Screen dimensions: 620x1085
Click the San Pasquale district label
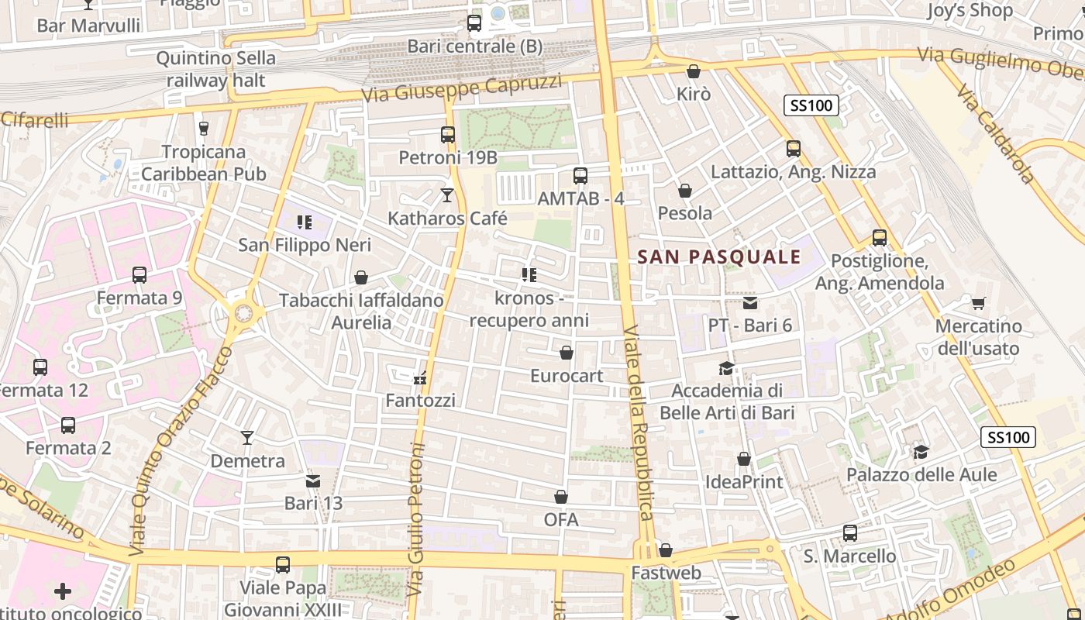click(x=718, y=257)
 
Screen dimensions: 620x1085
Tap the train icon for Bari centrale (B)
click(x=474, y=23)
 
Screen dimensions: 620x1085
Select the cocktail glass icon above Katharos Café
click(x=447, y=195)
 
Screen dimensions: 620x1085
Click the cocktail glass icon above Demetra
click(x=247, y=438)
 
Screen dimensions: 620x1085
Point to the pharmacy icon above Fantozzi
click(x=420, y=378)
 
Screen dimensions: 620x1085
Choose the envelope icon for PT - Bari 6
click(x=750, y=303)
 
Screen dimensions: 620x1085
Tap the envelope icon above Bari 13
click(x=313, y=481)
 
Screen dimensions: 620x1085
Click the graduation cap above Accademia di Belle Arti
click(x=726, y=368)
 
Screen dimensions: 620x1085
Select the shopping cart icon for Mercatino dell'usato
click(x=979, y=303)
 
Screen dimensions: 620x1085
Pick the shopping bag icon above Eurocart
click(x=567, y=353)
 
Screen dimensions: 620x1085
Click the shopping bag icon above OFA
click(x=561, y=497)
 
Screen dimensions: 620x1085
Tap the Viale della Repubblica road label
click(x=639, y=422)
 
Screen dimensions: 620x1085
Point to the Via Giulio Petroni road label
click(x=415, y=519)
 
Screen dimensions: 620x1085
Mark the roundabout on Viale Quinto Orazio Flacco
click(x=243, y=313)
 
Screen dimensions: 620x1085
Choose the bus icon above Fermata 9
click(x=139, y=275)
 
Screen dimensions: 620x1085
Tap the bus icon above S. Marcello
click(x=850, y=533)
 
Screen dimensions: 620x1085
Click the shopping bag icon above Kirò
click(x=694, y=71)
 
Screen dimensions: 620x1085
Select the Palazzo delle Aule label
click(x=921, y=474)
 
